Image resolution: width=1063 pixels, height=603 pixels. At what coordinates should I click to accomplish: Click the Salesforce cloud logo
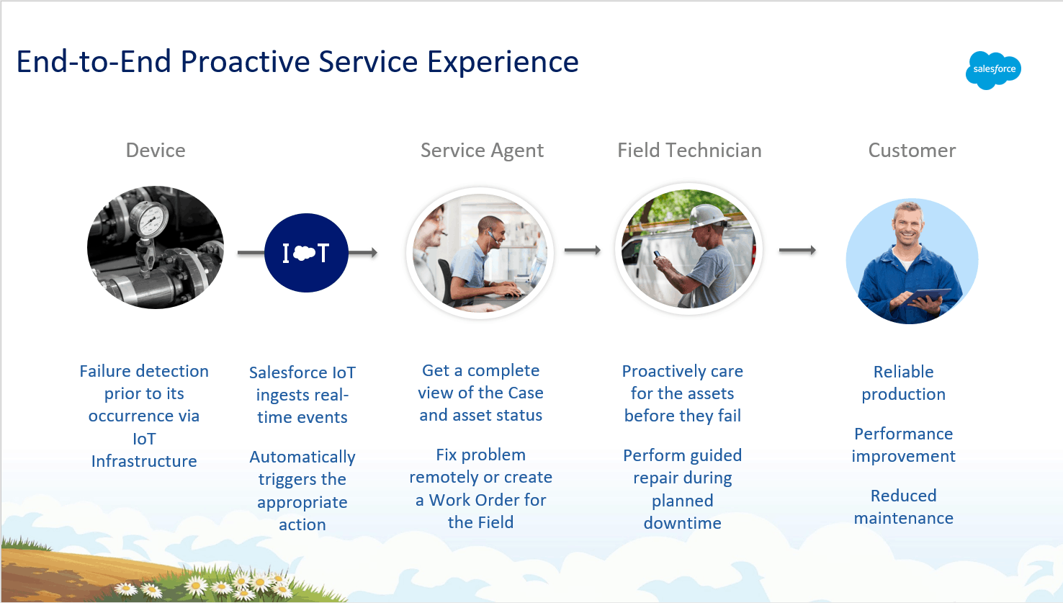(x=993, y=71)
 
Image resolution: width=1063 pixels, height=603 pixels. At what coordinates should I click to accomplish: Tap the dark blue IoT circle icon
(x=306, y=253)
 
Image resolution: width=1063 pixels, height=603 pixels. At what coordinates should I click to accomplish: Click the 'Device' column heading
(x=156, y=151)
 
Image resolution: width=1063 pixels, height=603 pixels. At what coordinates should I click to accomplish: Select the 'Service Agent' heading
(x=482, y=151)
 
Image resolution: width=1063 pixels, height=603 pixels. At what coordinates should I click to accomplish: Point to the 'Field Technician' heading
(x=689, y=151)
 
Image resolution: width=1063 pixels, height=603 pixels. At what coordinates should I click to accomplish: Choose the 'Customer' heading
(x=912, y=151)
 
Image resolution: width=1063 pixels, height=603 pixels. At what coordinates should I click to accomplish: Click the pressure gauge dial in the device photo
(x=149, y=220)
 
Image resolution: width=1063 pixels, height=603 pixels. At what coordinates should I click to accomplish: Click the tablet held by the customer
(x=925, y=296)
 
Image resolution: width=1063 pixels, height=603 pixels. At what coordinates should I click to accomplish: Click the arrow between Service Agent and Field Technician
(x=583, y=250)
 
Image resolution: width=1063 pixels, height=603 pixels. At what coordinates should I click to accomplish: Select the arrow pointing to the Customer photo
(x=797, y=250)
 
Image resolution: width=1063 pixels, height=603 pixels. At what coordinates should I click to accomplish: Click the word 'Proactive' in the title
(x=246, y=62)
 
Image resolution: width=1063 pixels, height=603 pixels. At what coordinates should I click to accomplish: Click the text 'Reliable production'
(x=904, y=383)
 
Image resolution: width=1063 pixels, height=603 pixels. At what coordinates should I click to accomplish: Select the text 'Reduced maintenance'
(x=904, y=506)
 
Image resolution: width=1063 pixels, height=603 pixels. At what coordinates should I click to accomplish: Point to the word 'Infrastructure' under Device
(x=144, y=461)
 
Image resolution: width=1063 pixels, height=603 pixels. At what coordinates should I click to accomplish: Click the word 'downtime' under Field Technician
(x=683, y=523)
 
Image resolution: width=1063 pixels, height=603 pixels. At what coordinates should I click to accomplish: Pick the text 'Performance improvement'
(x=904, y=445)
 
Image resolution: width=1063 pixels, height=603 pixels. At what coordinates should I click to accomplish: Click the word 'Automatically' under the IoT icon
(x=302, y=457)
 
